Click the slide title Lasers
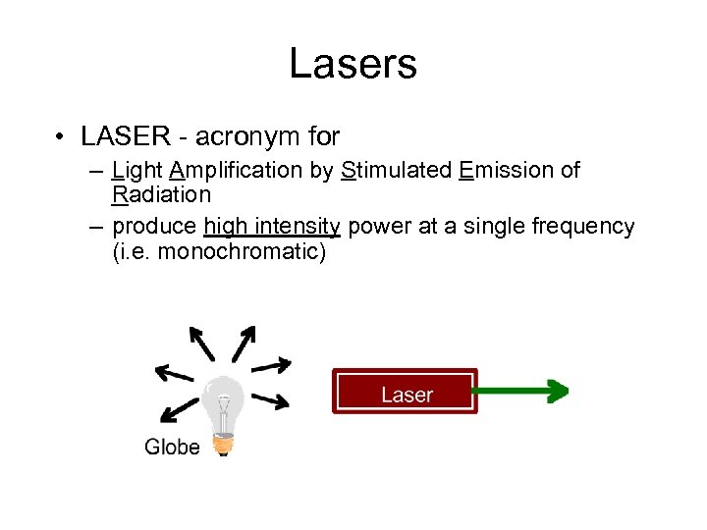(x=353, y=65)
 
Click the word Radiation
(x=161, y=194)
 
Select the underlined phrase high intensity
(x=272, y=227)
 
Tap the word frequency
(x=583, y=227)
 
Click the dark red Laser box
(x=406, y=392)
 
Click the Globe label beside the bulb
(x=172, y=447)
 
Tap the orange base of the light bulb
(x=225, y=445)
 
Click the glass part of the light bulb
(x=224, y=402)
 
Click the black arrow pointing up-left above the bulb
(x=201, y=344)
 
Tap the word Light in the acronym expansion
(x=137, y=171)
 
